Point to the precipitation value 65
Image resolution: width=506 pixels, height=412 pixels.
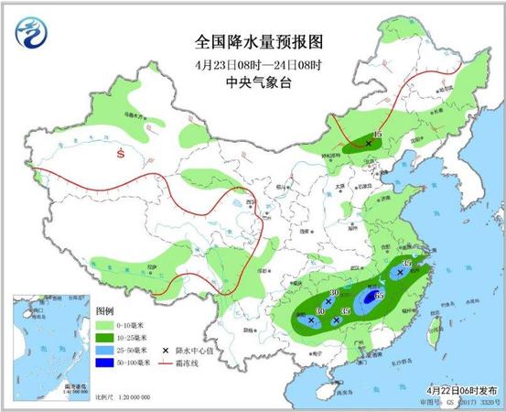pyautogui.click(x=378, y=295)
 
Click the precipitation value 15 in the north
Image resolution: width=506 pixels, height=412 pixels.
pyautogui.click(x=377, y=136)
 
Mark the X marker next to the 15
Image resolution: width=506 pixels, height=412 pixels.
pyautogui.click(x=369, y=144)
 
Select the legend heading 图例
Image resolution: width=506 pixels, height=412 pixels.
pyautogui.click(x=104, y=310)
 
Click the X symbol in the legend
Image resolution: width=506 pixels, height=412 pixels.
pyautogui.click(x=166, y=351)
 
